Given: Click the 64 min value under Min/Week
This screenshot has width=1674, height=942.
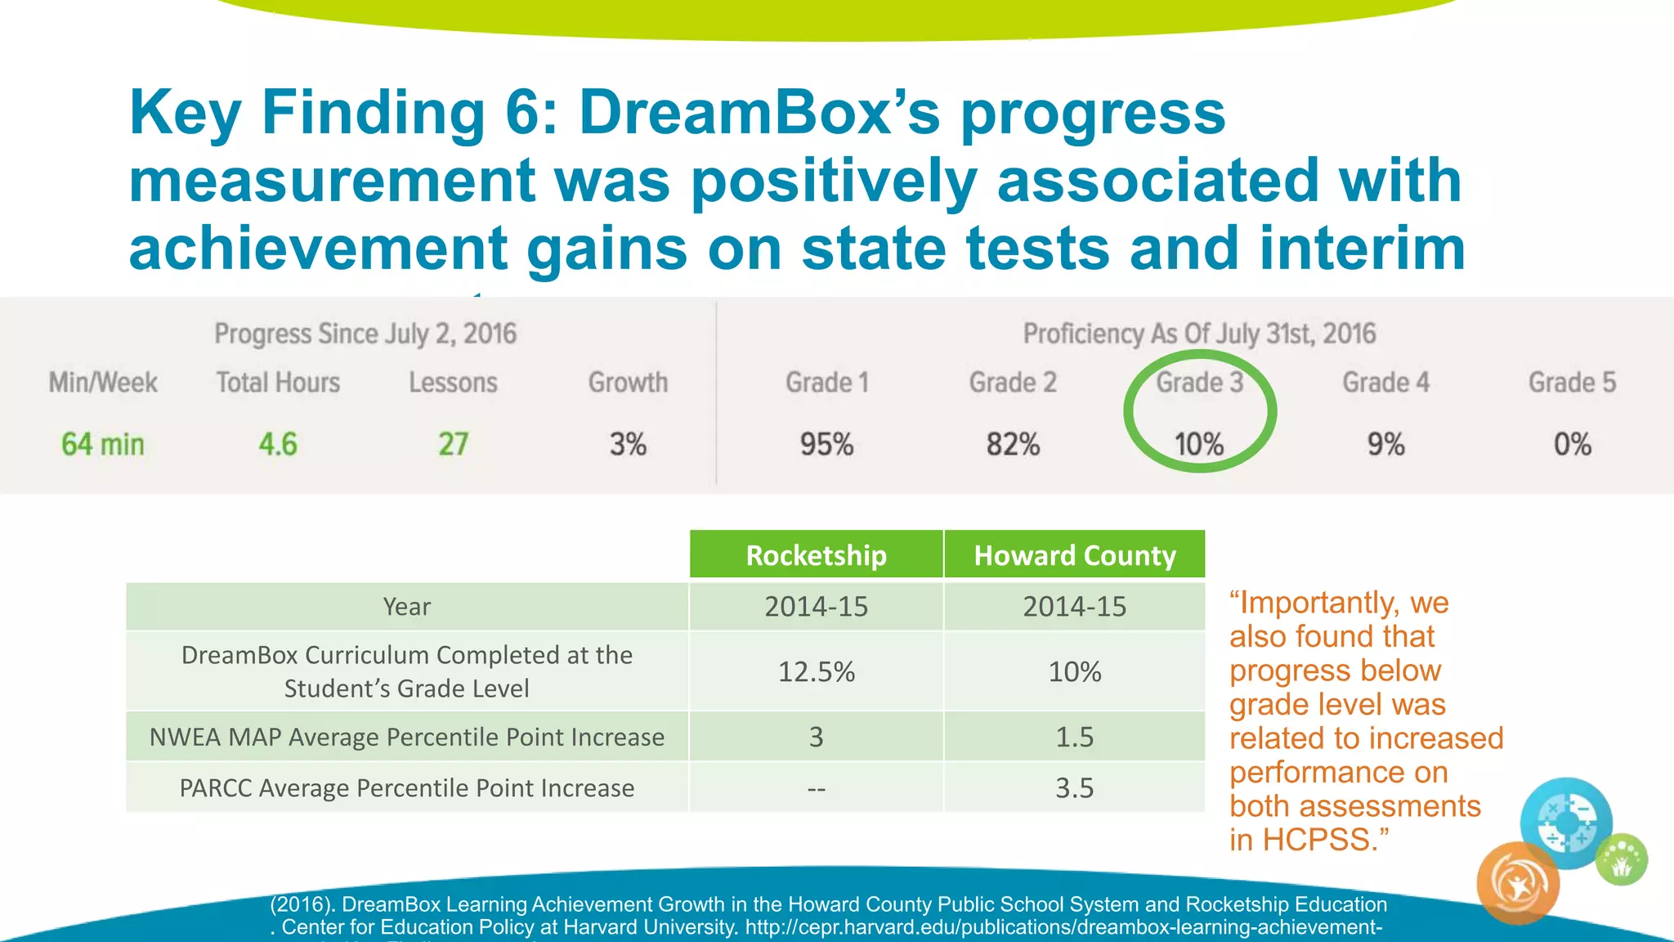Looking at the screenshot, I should click(x=103, y=444).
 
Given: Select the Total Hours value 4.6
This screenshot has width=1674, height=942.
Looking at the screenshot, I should click(x=278, y=444).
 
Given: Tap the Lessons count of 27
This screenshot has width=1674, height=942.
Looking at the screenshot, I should click(x=453, y=444).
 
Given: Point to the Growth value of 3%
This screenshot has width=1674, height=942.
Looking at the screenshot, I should click(x=628, y=444).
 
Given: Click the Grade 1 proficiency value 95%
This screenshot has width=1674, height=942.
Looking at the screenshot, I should click(x=826, y=444).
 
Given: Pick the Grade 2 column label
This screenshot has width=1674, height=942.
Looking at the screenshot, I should click(x=1013, y=382).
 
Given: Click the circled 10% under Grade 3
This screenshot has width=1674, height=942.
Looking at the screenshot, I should click(x=1199, y=444).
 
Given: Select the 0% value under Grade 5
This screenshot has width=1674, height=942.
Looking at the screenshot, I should click(x=1572, y=444).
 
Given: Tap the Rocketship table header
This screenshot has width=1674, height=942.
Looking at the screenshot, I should click(x=816, y=555).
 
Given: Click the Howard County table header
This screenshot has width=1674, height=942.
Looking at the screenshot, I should click(x=1074, y=555).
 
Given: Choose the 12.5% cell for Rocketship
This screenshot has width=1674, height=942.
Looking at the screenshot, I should click(x=816, y=671).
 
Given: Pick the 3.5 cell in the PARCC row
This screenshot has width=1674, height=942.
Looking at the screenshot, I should click(x=1074, y=787).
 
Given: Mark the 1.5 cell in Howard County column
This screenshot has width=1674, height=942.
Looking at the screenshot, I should click(x=1074, y=737).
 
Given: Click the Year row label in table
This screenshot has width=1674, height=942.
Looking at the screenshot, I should click(x=406, y=607).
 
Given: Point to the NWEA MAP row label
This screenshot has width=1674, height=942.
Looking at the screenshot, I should click(x=406, y=737).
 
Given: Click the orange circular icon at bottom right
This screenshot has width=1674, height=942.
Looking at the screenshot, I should click(x=1518, y=883).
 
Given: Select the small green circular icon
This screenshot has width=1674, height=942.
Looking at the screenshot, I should click(x=1622, y=859).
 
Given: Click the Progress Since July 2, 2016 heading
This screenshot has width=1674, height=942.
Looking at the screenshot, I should click(x=365, y=334).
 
